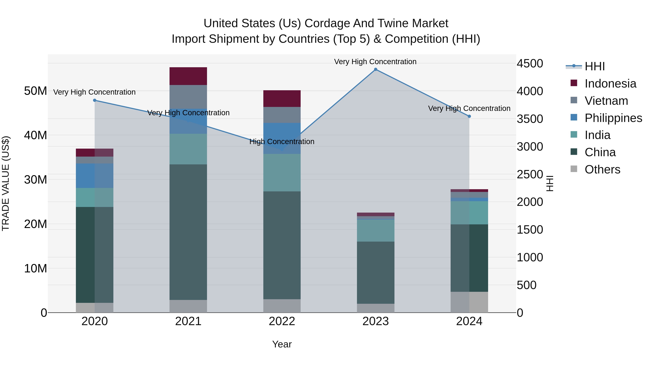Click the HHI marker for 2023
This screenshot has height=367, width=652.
pyautogui.click(x=376, y=69)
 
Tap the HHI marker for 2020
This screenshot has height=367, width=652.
pyautogui.click(x=95, y=100)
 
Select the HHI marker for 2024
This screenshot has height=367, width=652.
pyautogui.click(x=469, y=116)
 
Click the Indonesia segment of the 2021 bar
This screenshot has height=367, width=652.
pyautogui.click(x=188, y=76)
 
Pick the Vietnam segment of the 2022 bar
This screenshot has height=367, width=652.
pyautogui.click(x=282, y=115)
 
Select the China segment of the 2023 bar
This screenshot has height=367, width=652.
pyautogui.click(x=376, y=272)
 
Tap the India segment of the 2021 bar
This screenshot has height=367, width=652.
pyautogui.click(x=188, y=149)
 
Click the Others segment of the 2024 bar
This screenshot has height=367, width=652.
pyautogui.click(x=469, y=302)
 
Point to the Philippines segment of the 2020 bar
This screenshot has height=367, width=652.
pyautogui.click(x=95, y=175)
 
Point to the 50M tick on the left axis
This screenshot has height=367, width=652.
pyautogui.click(x=35, y=91)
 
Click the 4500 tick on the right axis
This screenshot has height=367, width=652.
pyautogui.click(x=530, y=63)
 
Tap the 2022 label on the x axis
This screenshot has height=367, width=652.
pyautogui.click(x=282, y=321)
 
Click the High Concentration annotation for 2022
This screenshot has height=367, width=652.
pyautogui.click(x=282, y=142)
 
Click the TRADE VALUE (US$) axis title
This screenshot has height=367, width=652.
pyautogui.click(x=6, y=183)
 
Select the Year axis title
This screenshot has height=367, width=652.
pyautogui.click(x=282, y=344)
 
